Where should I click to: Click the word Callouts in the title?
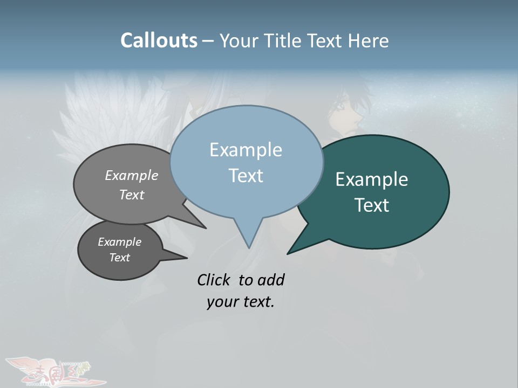tap(159, 40)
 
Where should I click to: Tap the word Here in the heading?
tap(369, 40)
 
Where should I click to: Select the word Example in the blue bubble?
tap(246, 150)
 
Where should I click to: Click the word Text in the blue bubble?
tap(246, 176)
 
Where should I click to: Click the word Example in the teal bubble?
tap(372, 179)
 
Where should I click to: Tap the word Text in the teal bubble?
tap(372, 205)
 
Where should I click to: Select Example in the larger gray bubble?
tap(132, 176)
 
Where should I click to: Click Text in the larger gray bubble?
tap(132, 195)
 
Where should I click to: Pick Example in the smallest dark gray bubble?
tap(120, 242)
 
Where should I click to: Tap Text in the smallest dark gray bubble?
tap(120, 258)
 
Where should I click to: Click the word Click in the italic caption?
tap(213, 280)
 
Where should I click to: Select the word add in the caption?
tap(270, 280)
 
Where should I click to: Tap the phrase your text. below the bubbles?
tap(241, 302)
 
